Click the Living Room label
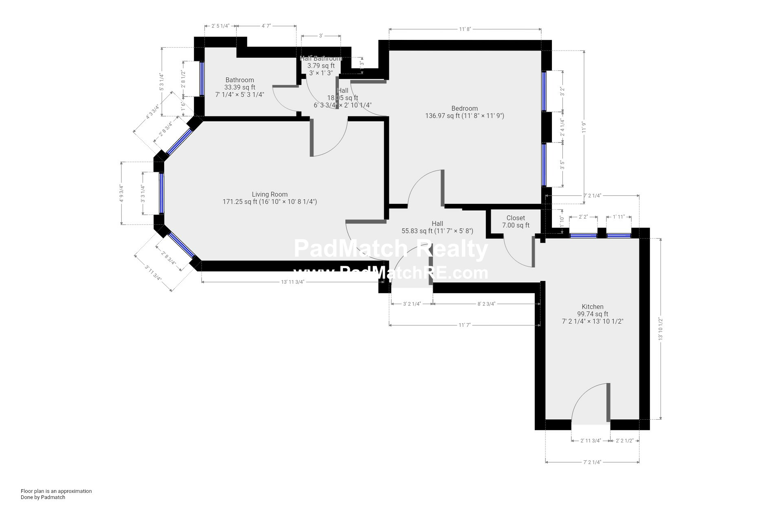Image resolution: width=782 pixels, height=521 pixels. point(270,195)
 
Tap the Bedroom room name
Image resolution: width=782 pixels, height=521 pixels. point(464,109)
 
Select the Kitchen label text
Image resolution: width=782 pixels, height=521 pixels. point(592,307)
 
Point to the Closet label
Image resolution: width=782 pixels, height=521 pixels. point(516,218)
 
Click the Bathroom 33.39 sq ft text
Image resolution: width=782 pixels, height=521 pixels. point(239,88)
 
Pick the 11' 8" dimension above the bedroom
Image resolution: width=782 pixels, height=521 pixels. point(465,29)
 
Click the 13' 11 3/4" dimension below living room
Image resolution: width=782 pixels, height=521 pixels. point(292,282)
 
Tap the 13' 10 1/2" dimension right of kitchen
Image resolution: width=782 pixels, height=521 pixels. point(661,329)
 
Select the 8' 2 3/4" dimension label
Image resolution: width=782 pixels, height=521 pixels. point(486,304)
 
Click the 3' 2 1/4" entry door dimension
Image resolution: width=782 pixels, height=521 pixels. point(412,304)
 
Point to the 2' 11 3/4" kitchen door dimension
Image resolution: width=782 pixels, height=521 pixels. point(591,441)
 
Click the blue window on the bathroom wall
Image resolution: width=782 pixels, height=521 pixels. point(202,79)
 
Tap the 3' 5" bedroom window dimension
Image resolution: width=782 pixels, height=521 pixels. point(562,165)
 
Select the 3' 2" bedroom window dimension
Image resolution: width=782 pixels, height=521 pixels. point(562,92)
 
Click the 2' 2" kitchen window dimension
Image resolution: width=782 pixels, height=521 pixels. point(583,217)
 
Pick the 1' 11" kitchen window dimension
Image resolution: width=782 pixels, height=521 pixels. point(619,217)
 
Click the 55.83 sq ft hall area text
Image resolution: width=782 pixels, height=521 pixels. point(437,231)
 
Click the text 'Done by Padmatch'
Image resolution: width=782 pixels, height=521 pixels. point(43,497)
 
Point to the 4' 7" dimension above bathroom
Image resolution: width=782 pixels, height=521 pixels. point(266,26)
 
